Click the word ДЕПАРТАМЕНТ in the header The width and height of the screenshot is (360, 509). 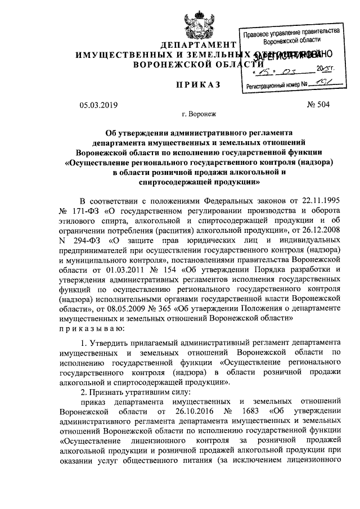(197, 45)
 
